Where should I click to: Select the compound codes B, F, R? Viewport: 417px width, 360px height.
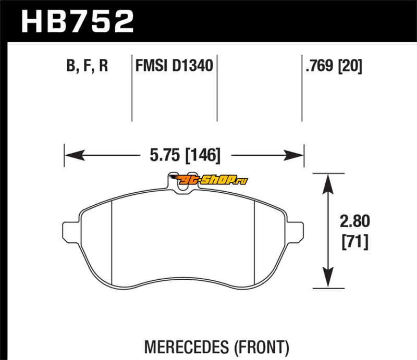click(x=87, y=66)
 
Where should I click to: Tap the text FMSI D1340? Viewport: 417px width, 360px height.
click(x=173, y=66)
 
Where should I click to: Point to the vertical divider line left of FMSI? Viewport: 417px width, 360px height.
click(x=131, y=89)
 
